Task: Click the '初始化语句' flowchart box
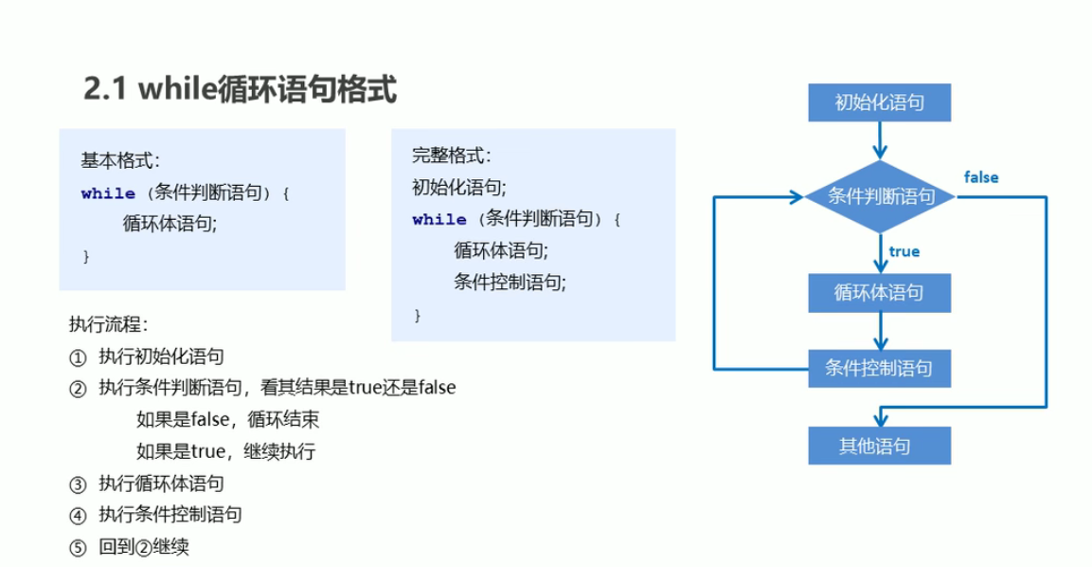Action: click(879, 102)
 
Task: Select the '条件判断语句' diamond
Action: click(881, 197)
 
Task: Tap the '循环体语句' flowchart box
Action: click(879, 293)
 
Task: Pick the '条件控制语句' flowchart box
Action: click(879, 368)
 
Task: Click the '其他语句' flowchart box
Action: click(879, 445)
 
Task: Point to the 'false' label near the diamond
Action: click(981, 177)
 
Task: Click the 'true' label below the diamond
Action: click(904, 251)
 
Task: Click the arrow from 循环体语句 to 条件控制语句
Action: click(880, 330)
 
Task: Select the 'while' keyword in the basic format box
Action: click(108, 193)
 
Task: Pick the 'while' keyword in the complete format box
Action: click(439, 220)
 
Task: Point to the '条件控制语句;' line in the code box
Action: click(510, 282)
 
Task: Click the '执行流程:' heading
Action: click(108, 324)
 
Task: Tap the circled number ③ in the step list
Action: click(78, 485)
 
